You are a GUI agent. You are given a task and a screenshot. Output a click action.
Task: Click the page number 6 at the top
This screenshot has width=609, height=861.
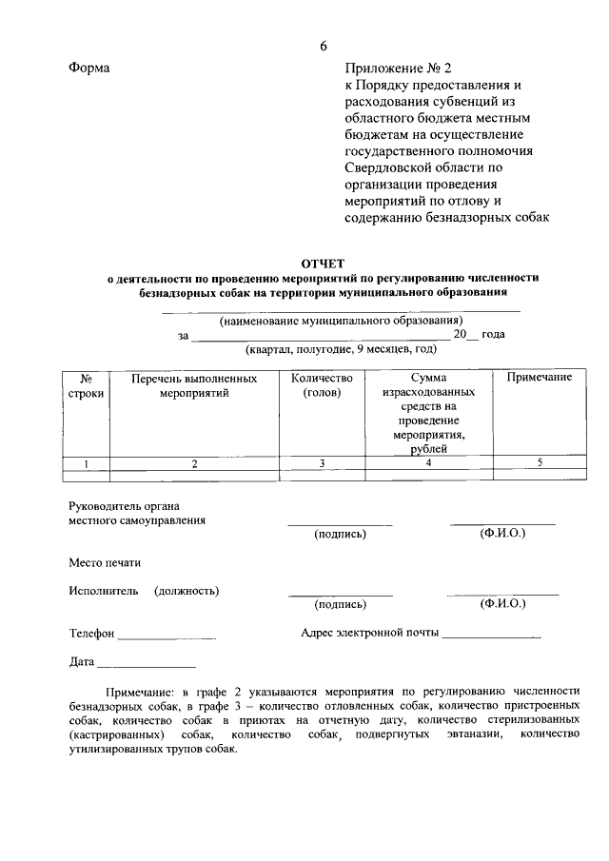[x=324, y=46]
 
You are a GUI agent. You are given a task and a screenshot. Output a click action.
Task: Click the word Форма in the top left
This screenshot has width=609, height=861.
[x=88, y=68]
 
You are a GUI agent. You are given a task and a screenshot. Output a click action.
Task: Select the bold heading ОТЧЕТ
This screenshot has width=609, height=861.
[x=323, y=263]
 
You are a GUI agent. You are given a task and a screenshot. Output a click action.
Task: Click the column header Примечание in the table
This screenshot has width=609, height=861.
[x=539, y=378]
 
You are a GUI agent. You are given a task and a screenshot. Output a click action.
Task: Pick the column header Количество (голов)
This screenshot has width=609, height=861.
[x=322, y=385]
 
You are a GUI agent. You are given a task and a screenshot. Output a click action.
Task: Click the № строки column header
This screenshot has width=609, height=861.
[x=86, y=385]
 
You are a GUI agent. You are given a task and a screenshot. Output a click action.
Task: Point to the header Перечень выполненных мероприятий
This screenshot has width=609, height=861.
[x=194, y=385]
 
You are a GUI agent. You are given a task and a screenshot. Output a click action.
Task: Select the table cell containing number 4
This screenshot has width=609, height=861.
[x=428, y=463]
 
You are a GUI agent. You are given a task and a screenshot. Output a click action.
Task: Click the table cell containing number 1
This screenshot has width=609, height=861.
[x=86, y=463]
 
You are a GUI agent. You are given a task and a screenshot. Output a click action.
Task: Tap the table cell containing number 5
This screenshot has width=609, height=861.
[x=539, y=463]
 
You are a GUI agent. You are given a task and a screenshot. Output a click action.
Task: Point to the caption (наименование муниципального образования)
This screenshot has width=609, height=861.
[x=341, y=321]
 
